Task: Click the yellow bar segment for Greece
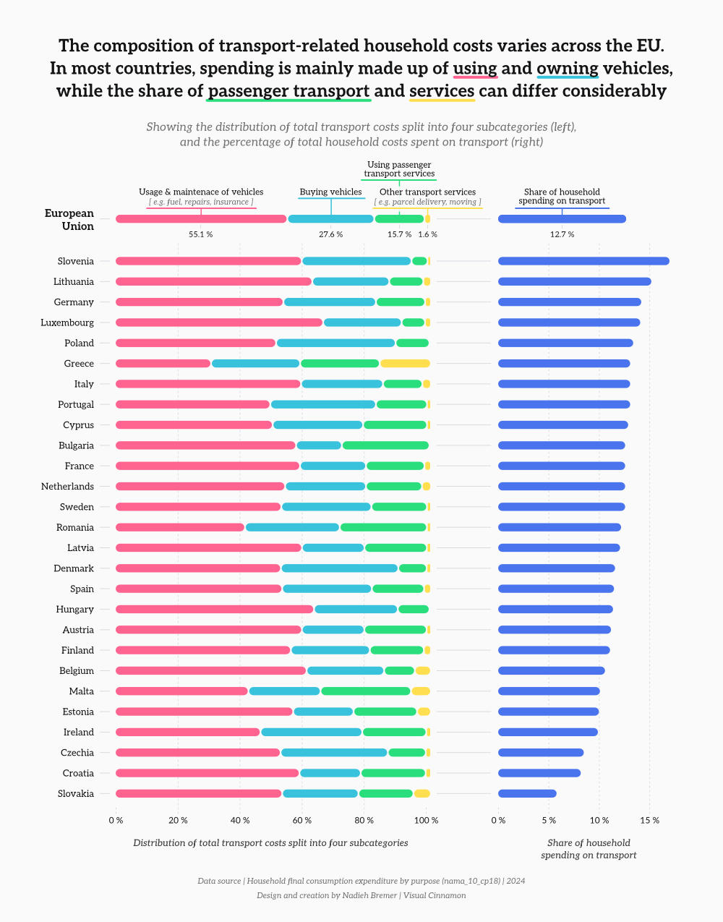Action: [405, 364]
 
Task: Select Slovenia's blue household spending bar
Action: [583, 261]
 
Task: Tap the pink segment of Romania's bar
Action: [180, 528]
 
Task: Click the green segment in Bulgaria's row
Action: [385, 445]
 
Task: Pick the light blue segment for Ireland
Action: [312, 733]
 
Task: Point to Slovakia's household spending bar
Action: [527, 794]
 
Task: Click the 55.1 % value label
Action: [200, 234]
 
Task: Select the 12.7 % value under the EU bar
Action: [562, 234]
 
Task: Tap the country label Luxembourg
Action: [67, 323]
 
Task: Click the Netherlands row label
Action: [67, 487]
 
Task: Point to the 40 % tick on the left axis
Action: [240, 820]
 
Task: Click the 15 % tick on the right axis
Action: [649, 820]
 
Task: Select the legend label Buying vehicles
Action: [330, 192]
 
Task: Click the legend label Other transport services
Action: [427, 192]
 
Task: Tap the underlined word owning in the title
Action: [568, 69]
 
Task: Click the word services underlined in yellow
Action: [442, 91]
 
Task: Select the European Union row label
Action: [69, 220]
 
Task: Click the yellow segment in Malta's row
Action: [421, 691]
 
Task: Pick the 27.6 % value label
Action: [330, 234]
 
